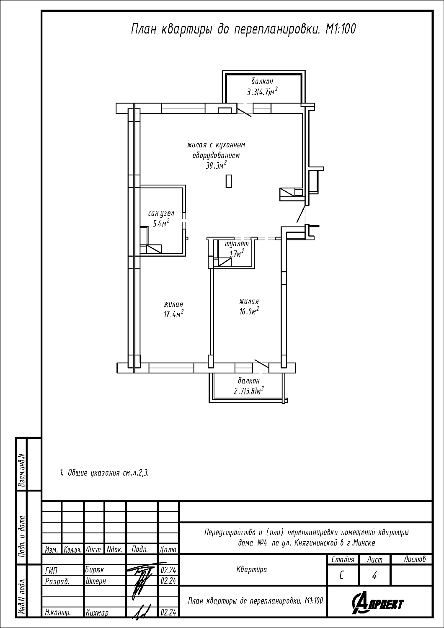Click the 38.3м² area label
tap(216, 166)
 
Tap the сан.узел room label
tap(161, 214)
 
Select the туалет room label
tap(237, 244)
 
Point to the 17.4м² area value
tap(173, 314)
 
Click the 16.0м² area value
tap(249, 311)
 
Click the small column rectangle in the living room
tap(229, 181)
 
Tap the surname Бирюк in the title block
tap(95, 570)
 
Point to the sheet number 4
tap(374, 575)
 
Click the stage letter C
tap(341, 575)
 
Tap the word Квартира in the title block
tap(252, 569)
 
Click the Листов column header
tap(415, 559)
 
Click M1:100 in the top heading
tap(340, 29)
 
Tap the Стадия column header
tap(343, 560)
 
